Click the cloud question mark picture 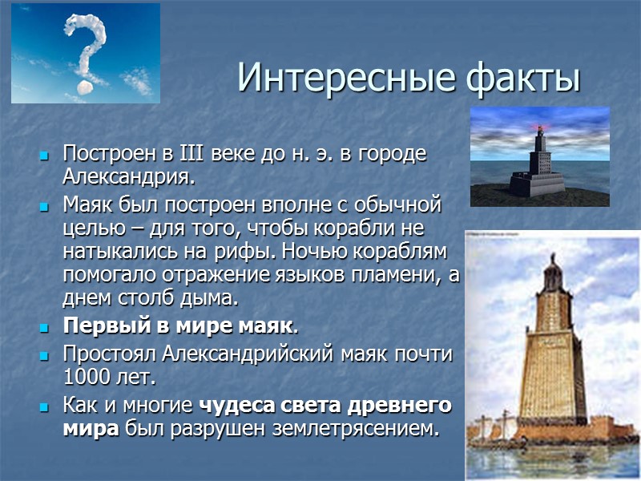tap(86, 53)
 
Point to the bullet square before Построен tap(45, 154)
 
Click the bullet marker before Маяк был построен tap(45, 206)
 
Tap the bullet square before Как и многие tap(45, 406)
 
